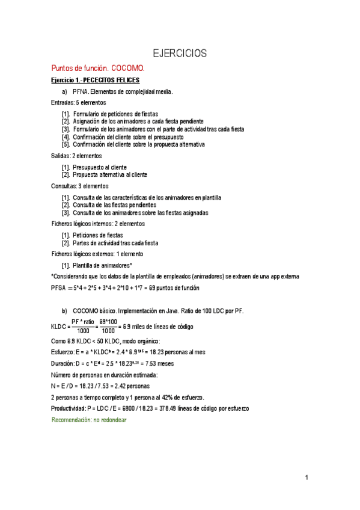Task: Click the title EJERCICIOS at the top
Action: point(180,54)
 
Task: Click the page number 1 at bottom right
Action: point(307,478)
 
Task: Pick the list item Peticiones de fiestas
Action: point(99,235)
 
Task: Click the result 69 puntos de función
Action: point(174,287)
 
